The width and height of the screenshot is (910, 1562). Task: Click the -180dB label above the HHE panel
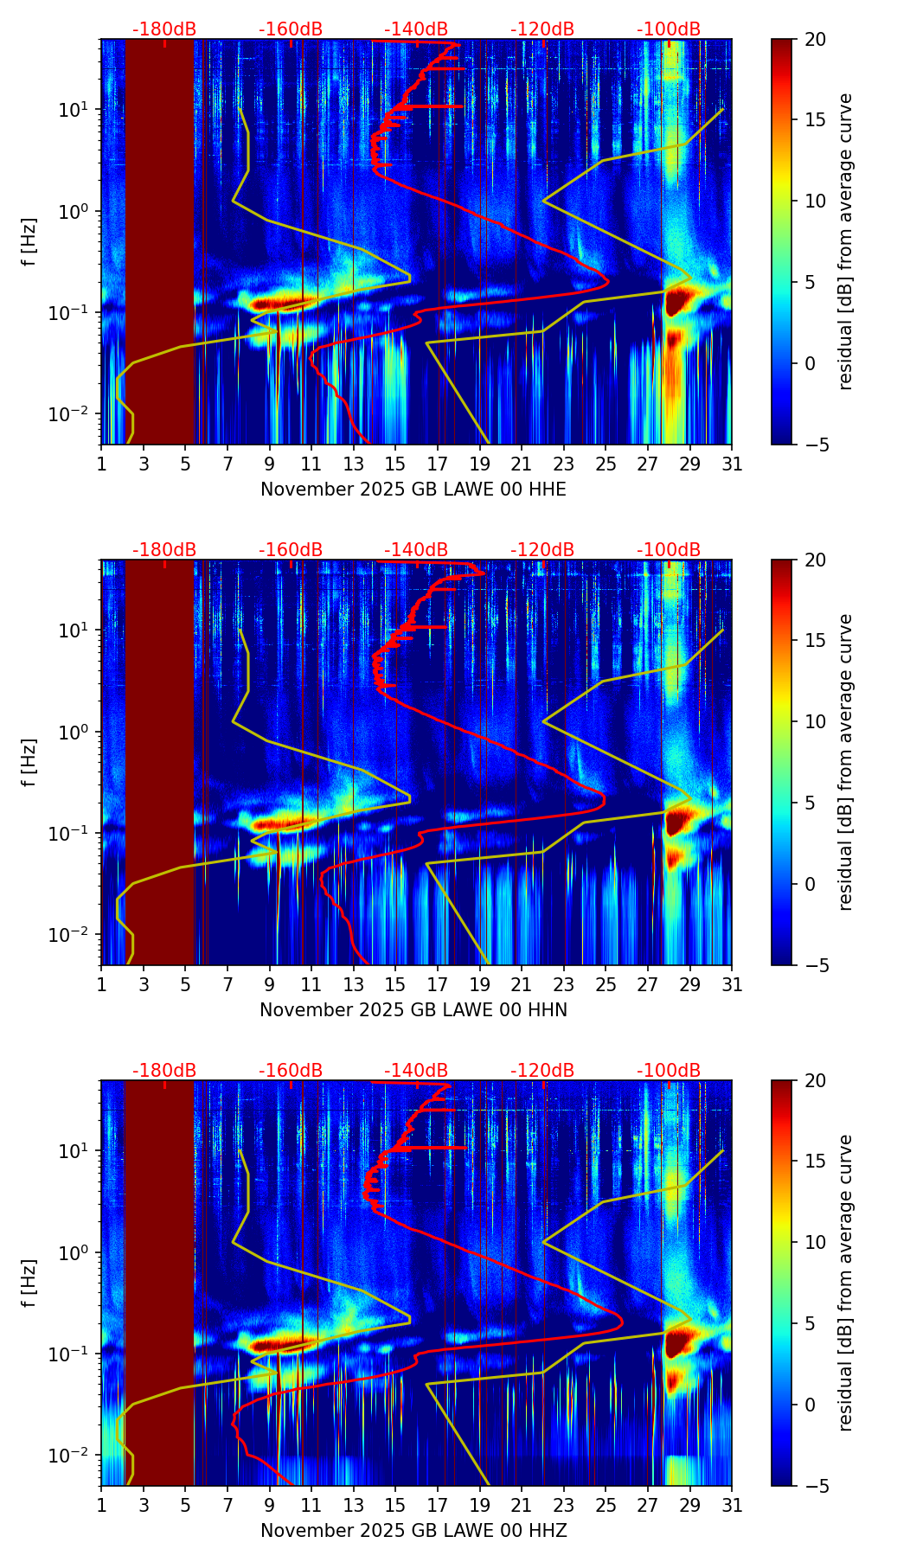[x=164, y=29]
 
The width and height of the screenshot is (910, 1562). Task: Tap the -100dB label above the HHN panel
[x=669, y=550]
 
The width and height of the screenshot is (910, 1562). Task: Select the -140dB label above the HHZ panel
[x=416, y=1071]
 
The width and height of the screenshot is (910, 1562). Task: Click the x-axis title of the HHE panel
[x=413, y=490]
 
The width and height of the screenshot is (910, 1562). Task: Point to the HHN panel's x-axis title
[x=413, y=1010]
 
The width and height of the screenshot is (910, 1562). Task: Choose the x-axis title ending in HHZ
[x=413, y=1531]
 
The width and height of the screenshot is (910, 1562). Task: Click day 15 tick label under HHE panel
[x=394, y=464]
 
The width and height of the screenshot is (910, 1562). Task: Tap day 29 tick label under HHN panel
[x=689, y=984]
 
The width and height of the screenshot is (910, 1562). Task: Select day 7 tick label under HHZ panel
[x=227, y=1505]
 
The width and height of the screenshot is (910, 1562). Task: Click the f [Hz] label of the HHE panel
[x=29, y=242]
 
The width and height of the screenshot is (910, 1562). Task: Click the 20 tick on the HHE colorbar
[x=815, y=39]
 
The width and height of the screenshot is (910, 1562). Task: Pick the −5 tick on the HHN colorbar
[x=815, y=964]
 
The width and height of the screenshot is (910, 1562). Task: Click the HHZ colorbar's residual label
[x=845, y=1283]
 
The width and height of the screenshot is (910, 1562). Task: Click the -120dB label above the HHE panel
[x=542, y=29]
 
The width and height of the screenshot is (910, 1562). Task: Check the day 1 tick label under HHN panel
[x=101, y=984]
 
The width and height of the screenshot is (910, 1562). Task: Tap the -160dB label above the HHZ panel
[x=291, y=1071]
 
